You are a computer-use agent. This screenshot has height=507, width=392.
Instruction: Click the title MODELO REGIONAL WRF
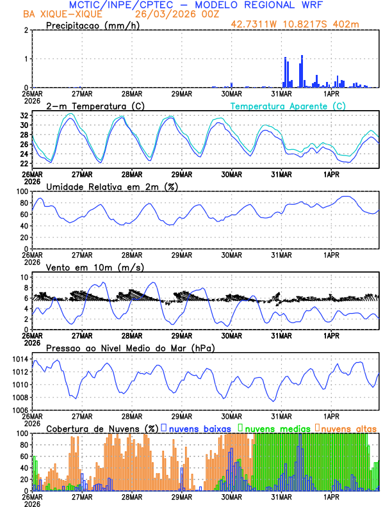tap(269, 6)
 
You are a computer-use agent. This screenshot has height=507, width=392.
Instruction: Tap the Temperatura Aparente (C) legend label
tap(288, 106)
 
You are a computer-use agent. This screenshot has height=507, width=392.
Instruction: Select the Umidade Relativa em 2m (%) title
tap(112, 186)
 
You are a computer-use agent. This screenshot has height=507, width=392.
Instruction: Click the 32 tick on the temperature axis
tap(23, 116)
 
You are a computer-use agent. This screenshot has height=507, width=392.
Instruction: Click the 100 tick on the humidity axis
tap(21, 191)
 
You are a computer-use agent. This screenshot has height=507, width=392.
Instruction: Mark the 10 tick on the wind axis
tap(23, 277)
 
